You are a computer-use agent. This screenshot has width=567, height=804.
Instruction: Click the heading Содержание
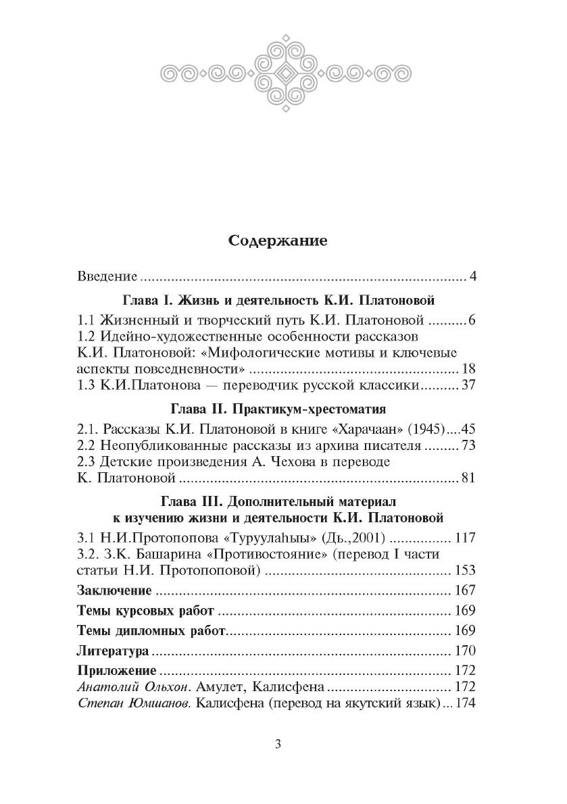[x=278, y=241]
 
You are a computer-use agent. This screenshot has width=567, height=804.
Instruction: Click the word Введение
[x=107, y=276]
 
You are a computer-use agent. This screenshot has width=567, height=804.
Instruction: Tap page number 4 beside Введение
[x=473, y=276]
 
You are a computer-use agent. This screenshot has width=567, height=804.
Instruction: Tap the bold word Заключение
[x=114, y=590]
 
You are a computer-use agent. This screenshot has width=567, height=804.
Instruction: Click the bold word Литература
[x=112, y=652]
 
